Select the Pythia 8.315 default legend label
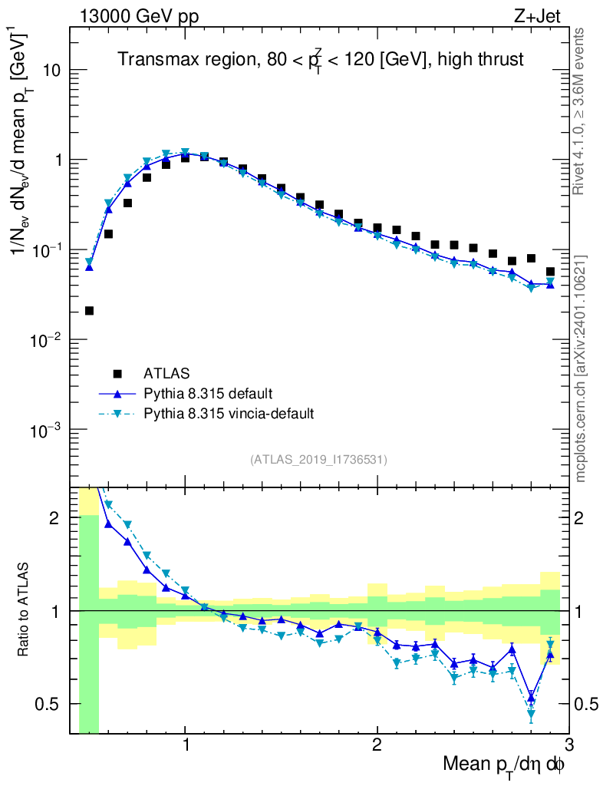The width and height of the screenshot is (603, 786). [208, 394]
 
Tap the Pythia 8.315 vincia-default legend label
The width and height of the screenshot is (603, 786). [228, 414]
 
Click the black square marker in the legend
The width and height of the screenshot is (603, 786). [117, 374]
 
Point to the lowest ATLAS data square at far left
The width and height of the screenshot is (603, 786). [89, 311]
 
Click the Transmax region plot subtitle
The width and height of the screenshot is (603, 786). [320, 60]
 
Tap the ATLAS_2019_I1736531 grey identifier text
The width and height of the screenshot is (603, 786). [318, 460]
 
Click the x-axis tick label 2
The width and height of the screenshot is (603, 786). [377, 747]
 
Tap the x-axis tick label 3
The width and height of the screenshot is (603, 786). [568, 747]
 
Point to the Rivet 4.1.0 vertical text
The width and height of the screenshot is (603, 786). [579, 111]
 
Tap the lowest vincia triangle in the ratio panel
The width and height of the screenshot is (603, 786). [531, 715]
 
